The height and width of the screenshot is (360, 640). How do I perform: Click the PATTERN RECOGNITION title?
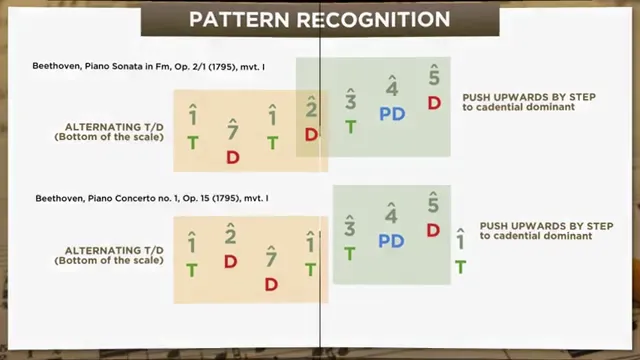click(x=319, y=19)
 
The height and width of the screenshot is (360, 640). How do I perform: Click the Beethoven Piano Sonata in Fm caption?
click(x=163, y=66)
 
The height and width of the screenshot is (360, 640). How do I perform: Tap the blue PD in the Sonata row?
click(x=391, y=114)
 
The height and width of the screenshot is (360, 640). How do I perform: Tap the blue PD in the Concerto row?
click(x=391, y=241)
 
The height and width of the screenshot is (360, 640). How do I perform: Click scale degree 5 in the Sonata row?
click(x=434, y=76)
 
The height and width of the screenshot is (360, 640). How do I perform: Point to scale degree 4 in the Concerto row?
click(x=391, y=215)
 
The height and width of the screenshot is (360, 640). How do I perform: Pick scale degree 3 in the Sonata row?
click(x=351, y=101)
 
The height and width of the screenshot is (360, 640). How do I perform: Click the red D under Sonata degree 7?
click(x=232, y=157)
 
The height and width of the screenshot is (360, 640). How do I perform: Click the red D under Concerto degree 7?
click(x=271, y=284)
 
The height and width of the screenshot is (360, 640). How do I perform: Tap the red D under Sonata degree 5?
click(x=434, y=102)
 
